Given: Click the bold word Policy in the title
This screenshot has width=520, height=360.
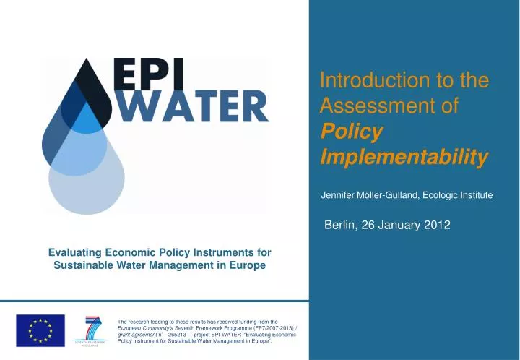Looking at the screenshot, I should (x=351, y=132).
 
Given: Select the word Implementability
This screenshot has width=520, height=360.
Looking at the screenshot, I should (x=403, y=157).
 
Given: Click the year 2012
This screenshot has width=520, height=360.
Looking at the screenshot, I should (x=436, y=226).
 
